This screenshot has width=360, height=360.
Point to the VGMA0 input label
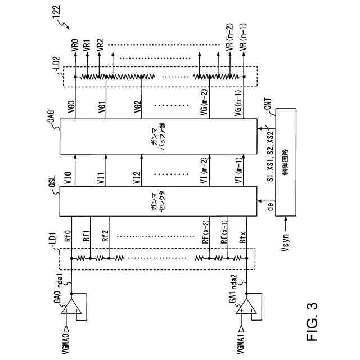tap(67, 341)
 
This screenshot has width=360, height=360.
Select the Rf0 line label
tap(68, 237)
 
